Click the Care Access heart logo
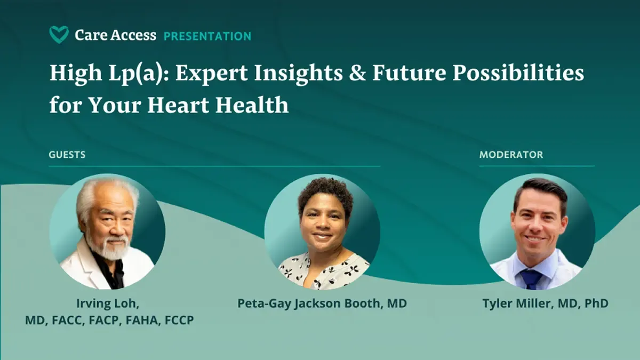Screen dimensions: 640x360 pos(59,35)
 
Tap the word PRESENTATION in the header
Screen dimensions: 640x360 pos(207,36)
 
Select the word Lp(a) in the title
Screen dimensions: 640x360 pos(135,73)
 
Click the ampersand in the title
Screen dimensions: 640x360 pos(357,73)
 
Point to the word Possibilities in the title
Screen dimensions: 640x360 pos(518,73)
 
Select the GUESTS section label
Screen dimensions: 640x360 pos(67,155)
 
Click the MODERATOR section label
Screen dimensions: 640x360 pos(511,155)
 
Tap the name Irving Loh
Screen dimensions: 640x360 pos(107,303)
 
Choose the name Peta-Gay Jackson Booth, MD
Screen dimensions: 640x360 pos(322,303)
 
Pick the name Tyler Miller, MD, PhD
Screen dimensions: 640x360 pos(546,303)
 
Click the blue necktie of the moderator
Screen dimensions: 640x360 pos(531,279)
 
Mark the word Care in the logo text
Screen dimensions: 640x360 pos(91,35)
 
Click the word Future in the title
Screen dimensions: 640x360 pos(409,73)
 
